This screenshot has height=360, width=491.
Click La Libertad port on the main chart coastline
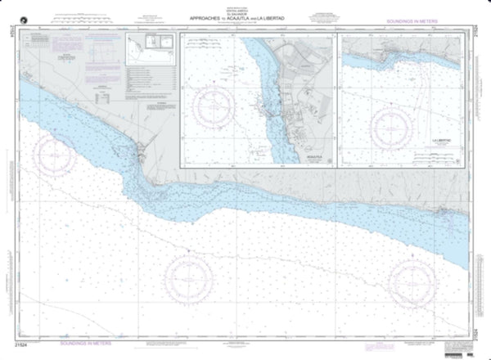click(x=443, y=209)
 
